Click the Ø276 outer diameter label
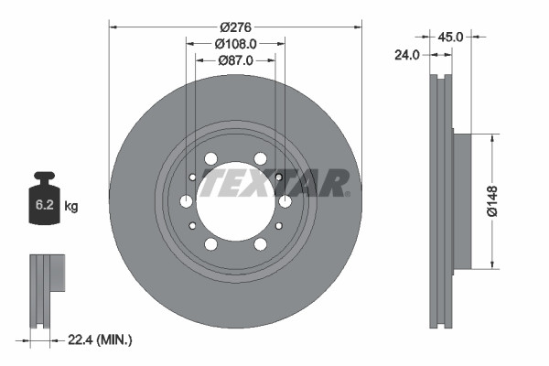(235, 27)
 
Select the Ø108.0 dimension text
(235, 44)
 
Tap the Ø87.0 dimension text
(235, 60)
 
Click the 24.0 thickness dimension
(406, 55)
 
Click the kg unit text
(71, 207)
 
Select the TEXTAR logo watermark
(274, 182)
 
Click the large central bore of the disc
(235, 201)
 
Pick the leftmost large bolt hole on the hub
(187, 201)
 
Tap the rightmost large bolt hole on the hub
(285, 201)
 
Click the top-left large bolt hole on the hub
(211, 159)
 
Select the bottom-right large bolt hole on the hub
(260, 244)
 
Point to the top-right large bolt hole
(260, 159)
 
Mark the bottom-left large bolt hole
(211, 244)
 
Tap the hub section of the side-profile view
(461, 201)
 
